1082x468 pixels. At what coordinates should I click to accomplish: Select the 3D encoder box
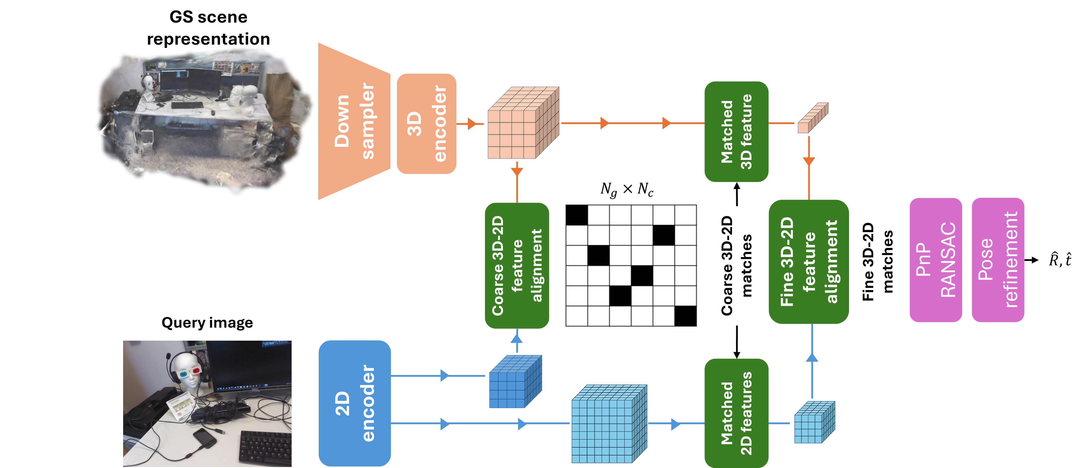[x=426, y=124]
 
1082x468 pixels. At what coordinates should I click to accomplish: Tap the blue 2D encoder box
[x=355, y=403]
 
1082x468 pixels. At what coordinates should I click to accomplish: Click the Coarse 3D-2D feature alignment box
[x=517, y=265]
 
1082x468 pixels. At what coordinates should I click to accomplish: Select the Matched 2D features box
[x=736, y=413]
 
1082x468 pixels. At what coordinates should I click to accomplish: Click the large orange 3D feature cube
[x=522, y=123]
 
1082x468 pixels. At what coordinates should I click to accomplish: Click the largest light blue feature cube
[x=608, y=424]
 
